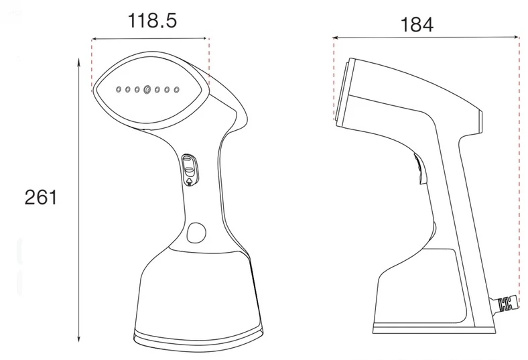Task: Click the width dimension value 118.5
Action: (152, 21)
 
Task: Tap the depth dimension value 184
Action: (417, 24)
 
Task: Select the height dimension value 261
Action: (41, 197)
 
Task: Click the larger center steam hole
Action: (147, 90)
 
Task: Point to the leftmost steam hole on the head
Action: (119, 90)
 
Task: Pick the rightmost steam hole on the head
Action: (176, 90)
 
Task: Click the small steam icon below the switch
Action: (190, 182)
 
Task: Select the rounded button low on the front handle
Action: (196, 233)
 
